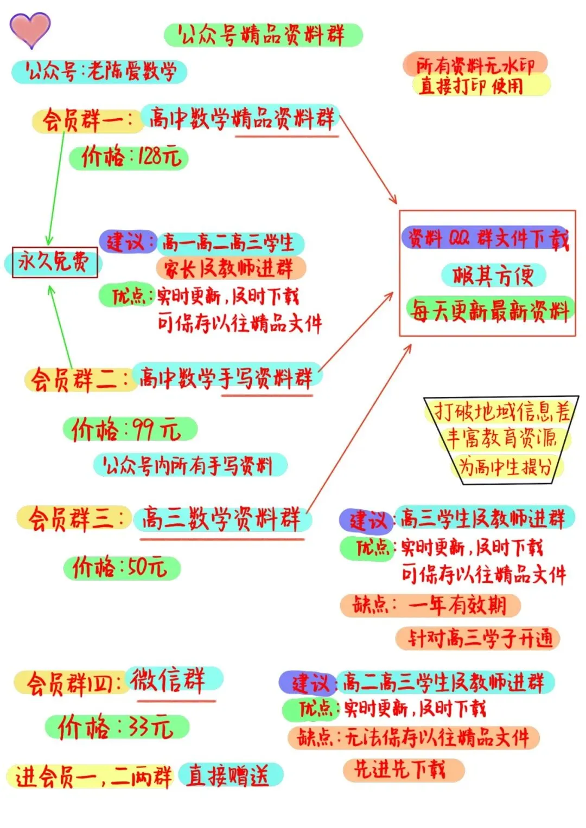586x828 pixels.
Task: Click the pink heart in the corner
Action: pos(30,29)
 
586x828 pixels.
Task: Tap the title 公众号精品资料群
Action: pos(263,35)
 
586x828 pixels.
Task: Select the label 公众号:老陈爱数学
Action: pos(99,71)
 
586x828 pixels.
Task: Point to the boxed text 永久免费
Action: pos(54,262)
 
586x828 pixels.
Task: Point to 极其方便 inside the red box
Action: pos(493,275)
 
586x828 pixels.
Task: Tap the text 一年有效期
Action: pos(457,605)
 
